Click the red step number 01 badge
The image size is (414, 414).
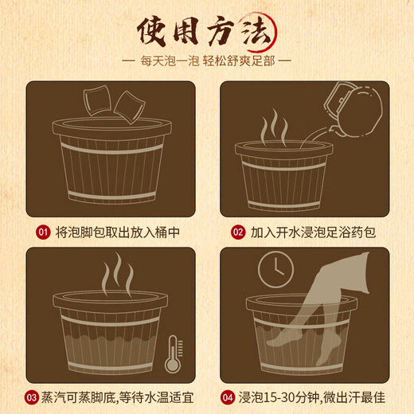(42, 232)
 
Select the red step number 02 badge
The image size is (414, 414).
(238, 232)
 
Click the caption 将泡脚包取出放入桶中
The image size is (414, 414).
(113, 232)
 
